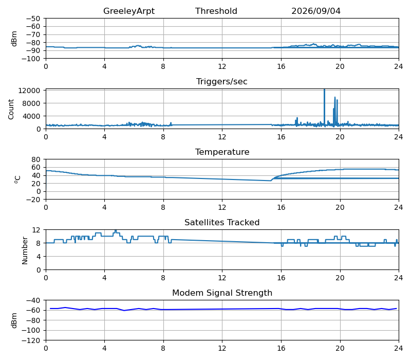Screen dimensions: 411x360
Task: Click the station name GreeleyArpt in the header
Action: tap(129, 11)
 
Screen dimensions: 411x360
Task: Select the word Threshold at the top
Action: tap(216, 11)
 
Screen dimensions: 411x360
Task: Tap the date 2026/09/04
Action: tap(316, 11)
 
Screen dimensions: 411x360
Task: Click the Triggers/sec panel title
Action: tap(222, 81)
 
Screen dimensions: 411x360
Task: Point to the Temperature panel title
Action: tap(222, 152)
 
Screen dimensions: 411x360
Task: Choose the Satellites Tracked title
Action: tap(222, 222)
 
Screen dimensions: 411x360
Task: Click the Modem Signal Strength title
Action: tap(222, 293)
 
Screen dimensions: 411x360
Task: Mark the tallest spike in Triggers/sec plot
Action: tap(324, 89)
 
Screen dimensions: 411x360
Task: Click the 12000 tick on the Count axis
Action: tap(29, 91)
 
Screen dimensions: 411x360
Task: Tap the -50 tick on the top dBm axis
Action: tap(33, 19)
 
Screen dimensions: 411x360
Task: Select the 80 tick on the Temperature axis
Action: tap(36, 159)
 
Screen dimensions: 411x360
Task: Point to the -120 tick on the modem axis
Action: tap(31, 340)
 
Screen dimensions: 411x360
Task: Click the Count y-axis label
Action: tap(11, 109)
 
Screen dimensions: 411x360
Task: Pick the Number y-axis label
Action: tap(25, 250)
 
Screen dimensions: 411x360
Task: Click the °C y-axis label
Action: tap(17, 179)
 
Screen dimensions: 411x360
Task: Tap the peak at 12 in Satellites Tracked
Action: tap(116, 230)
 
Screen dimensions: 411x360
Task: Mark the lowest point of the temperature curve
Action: tap(271, 181)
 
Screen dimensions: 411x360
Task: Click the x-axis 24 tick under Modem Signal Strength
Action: tap(399, 349)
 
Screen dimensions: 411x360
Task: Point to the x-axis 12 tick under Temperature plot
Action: tap(222, 208)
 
